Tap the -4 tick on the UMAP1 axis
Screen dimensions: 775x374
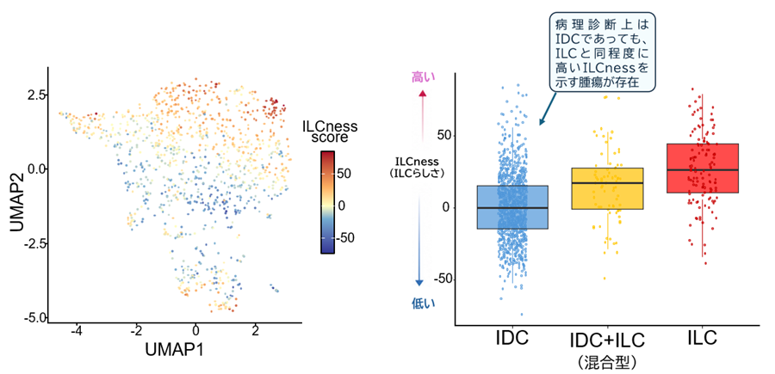point(76,331)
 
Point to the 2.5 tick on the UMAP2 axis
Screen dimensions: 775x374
point(35,95)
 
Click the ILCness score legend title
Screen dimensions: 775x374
point(329,132)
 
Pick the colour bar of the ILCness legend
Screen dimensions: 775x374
point(328,202)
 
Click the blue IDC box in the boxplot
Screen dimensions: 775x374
point(512,207)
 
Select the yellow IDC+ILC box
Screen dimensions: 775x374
point(607,188)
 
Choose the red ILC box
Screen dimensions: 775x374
point(702,169)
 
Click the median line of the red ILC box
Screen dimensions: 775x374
point(702,169)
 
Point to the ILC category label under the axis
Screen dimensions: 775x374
point(702,340)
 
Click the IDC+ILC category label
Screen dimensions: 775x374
point(607,341)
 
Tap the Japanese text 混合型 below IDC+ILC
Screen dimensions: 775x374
point(607,363)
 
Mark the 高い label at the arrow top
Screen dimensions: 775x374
point(422,77)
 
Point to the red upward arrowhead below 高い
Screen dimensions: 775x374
point(423,94)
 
